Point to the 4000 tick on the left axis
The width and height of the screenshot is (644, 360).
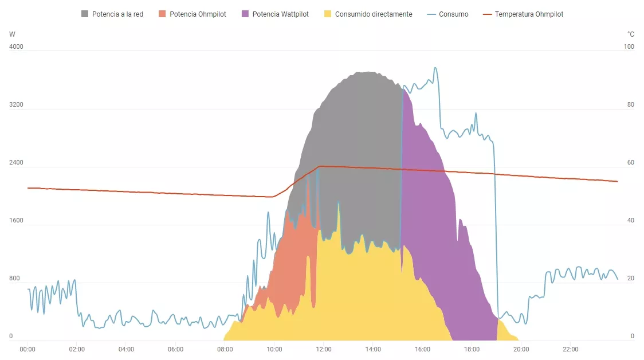[16, 47]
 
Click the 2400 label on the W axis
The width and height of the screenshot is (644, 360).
[16, 163]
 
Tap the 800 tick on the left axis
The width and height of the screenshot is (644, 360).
[15, 279]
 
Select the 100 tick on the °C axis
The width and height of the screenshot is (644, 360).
[629, 47]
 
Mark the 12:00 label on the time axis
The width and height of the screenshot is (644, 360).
[324, 349]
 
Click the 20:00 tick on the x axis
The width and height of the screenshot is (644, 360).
[521, 349]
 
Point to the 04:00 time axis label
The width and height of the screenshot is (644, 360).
[126, 349]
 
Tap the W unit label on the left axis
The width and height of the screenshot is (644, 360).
[13, 34]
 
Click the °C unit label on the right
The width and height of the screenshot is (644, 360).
[631, 34]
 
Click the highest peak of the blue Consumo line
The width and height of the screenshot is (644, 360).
[435, 68]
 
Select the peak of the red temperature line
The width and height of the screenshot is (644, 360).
[320, 166]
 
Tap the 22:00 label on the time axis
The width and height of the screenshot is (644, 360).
[570, 349]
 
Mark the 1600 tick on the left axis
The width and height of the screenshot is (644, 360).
[16, 221]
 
